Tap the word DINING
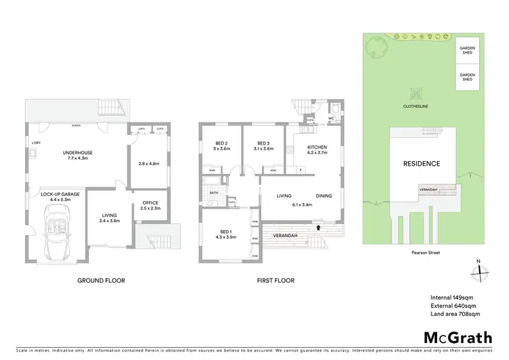323,196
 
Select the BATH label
213,192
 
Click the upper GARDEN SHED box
467,50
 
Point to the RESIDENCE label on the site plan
421,164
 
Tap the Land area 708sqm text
455,314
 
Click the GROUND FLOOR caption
102,280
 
